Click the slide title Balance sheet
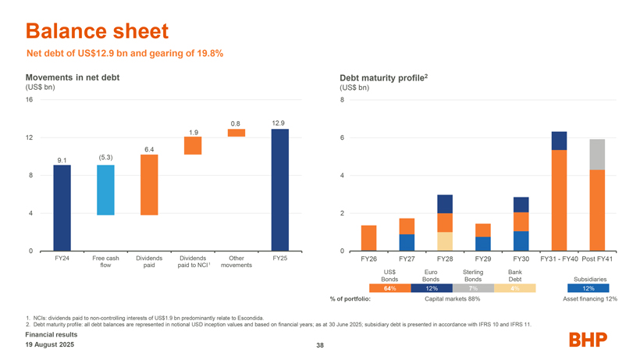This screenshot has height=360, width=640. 97,31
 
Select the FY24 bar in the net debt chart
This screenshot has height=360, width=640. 62,207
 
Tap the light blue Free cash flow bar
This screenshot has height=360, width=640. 105,190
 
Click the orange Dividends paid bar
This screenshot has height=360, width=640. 149,184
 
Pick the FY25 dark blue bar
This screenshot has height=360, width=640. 279,189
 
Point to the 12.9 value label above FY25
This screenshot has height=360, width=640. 279,123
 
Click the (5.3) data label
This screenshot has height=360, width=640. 106,157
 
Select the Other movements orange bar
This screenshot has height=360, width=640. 236,133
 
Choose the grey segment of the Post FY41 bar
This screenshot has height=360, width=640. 597,155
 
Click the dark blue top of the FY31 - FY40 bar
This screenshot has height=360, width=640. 559,141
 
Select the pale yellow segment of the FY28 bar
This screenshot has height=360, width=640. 445,241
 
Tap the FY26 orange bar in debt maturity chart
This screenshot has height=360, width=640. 369,237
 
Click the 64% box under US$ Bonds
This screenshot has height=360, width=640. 389,288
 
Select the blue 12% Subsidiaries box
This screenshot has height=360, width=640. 588,288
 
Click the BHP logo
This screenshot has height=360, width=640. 591,341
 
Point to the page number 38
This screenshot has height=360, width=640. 320,347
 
